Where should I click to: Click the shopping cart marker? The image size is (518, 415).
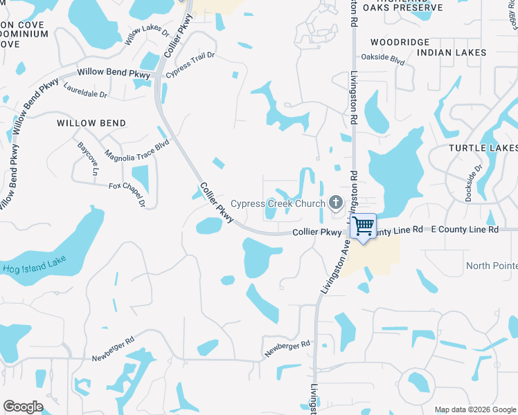[363, 226]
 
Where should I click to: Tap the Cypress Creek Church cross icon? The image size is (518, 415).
[336, 203]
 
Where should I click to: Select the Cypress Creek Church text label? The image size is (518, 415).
[277, 203]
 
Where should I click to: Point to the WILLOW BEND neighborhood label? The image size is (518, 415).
[91, 123]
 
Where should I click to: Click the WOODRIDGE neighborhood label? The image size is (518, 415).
[400, 42]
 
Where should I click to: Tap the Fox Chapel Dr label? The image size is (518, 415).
[127, 193]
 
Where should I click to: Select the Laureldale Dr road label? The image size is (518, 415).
[85, 91]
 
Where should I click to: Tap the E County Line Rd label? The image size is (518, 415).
[464, 229]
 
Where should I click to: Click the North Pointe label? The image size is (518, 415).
[491, 266]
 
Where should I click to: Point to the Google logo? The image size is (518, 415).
[23, 407]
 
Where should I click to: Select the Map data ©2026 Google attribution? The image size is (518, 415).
[475, 409]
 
